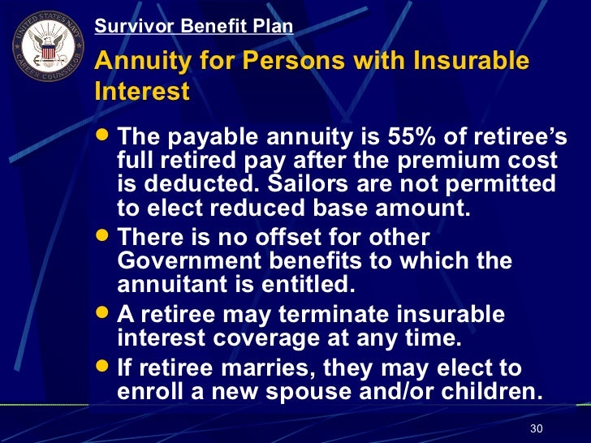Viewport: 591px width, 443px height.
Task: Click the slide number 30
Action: [536, 428]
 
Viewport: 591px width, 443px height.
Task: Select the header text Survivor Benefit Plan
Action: [193, 26]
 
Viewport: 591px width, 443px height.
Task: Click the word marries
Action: [269, 368]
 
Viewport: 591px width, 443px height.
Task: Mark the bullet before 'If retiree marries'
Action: [104, 368]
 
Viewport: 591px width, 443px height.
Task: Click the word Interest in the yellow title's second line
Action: [141, 91]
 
